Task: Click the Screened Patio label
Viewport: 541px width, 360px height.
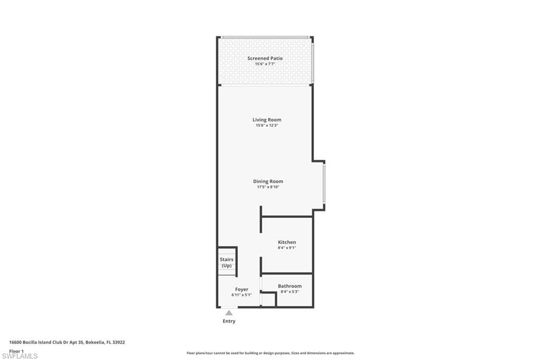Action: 265,58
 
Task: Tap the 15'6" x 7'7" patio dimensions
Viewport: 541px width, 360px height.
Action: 265,64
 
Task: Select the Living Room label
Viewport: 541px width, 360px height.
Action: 267,120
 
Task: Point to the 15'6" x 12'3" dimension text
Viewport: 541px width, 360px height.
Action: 267,125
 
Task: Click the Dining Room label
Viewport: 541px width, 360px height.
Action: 268,181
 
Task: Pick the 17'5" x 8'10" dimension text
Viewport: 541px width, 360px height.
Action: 268,187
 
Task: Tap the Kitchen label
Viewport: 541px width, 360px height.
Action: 287,242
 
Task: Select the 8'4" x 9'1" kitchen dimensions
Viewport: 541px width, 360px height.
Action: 287,248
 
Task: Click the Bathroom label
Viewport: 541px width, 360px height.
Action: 290,286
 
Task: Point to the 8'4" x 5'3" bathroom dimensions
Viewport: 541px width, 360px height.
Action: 290,291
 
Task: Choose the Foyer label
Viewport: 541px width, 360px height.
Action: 241,289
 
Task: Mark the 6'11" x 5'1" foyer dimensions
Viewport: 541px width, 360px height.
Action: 241,295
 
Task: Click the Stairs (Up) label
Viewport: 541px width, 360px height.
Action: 227,262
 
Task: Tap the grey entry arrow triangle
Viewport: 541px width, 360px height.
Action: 229,313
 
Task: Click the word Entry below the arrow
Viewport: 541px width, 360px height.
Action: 229,321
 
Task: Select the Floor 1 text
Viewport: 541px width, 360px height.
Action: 16,351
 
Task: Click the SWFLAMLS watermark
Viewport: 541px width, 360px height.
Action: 20,356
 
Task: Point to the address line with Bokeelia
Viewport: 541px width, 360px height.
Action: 67,342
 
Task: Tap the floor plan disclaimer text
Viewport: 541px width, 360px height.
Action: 270,353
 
